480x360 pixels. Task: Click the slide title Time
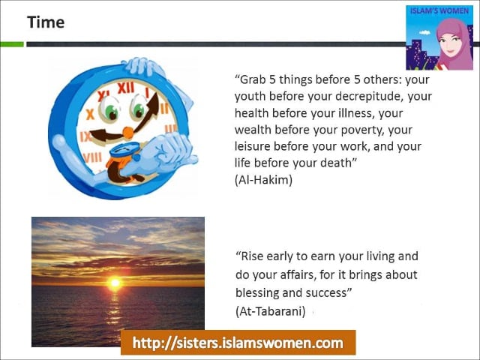46,22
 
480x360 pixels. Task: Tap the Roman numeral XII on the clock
126,88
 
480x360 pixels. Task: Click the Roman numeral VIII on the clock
92,157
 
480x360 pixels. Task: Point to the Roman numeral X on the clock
90,115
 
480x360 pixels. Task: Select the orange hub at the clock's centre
128,133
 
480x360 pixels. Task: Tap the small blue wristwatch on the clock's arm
124,150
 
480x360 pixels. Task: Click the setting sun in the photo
115,283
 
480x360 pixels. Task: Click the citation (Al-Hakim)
263,180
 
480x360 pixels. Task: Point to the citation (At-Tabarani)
271,311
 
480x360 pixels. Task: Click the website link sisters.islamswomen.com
238,343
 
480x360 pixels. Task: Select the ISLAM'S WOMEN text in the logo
439,11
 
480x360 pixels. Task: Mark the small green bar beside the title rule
12,44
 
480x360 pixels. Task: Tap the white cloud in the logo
424,32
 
